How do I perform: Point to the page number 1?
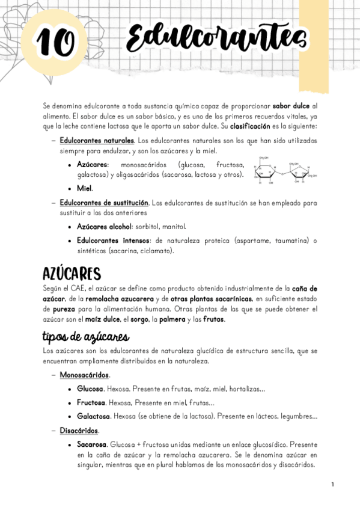(x=332, y=484)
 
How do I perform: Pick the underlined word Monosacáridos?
(x=84, y=375)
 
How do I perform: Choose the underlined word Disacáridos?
(x=79, y=431)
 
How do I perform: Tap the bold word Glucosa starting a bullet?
(x=90, y=389)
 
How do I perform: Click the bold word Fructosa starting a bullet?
(x=91, y=402)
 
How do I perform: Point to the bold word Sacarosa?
(x=92, y=444)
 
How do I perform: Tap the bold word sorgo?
(x=137, y=319)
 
